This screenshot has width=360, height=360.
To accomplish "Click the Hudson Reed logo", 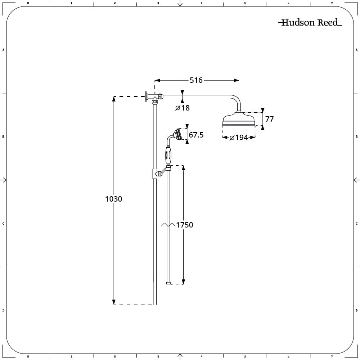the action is (310, 22).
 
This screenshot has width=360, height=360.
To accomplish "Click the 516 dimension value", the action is (196, 80).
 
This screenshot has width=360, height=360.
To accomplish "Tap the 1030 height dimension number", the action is (113, 199).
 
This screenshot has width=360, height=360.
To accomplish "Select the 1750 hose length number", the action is (185, 225).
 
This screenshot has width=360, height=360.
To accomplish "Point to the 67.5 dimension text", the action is (196, 135).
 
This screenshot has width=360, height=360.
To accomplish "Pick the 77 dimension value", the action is (269, 119).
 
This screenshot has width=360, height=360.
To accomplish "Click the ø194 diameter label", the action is (239, 138).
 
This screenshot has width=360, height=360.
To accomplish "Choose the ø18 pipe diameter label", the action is (183, 108).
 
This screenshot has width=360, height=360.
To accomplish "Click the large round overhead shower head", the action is (239, 118).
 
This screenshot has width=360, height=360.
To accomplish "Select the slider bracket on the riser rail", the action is (155, 174).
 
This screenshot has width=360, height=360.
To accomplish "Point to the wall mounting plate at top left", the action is (146, 96).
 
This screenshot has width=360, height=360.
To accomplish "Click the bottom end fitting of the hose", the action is (169, 283).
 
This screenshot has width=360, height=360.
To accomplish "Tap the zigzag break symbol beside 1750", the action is (168, 225).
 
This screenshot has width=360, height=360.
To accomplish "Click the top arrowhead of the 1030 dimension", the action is (114, 99).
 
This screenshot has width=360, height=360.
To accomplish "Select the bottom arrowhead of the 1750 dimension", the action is (183, 282).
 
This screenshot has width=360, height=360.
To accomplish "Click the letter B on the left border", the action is (3, 137).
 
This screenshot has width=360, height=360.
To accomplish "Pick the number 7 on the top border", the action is (332, 3).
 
